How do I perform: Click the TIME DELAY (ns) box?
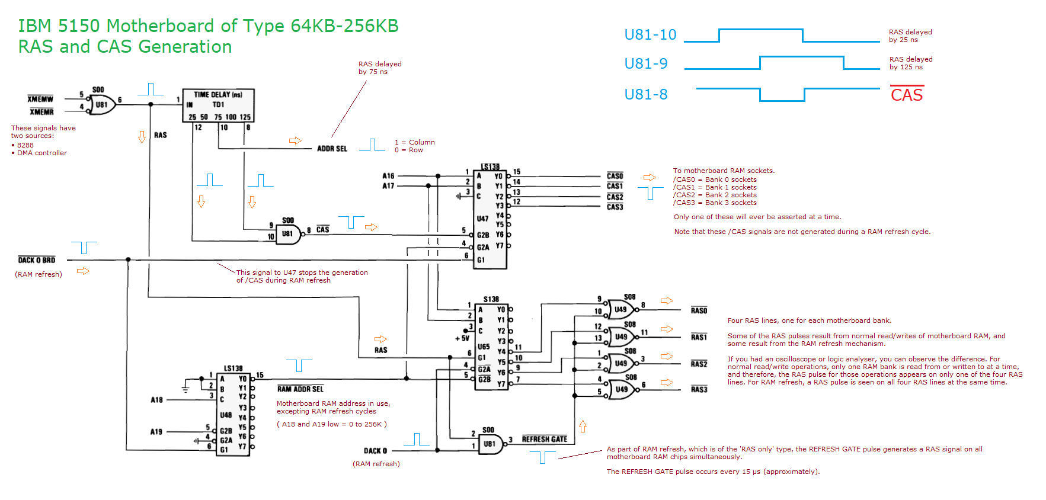pyautogui.click(x=218, y=105)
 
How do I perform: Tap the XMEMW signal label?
pyautogui.click(x=40, y=99)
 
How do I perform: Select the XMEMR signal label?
pyautogui.click(x=41, y=112)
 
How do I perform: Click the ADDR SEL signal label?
pyautogui.click(x=332, y=149)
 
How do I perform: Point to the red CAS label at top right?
pyautogui.click(x=907, y=95)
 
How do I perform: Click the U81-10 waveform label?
pyautogui.click(x=650, y=35)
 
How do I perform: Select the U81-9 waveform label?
pyautogui.click(x=646, y=64)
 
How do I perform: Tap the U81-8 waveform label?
pyautogui.click(x=646, y=95)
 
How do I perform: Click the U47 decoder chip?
pyautogui.click(x=490, y=218)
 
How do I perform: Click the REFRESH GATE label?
pyautogui.click(x=544, y=439)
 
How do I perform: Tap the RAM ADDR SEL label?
pyautogui.click(x=300, y=389)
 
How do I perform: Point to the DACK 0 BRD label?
pyautogui.click(x=37, y=260)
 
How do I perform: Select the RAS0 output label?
pyautogui.click(x=699, y=310)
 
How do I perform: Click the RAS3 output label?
pyautogui.click(x=699, y=389)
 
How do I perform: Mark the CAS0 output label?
pyautogui.click(x=615, y=176)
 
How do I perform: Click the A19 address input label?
pyautogui.click(x=156, y=432)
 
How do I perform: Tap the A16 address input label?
pyautogui.click(x=388, y=176)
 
